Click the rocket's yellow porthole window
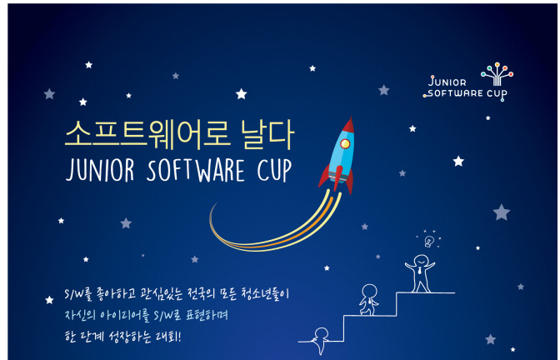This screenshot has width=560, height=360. point(345,143)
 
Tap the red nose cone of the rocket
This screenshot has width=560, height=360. point(348,126)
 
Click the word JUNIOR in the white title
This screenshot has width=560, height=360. point(100,170)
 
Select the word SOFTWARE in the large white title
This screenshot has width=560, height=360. point(196,170)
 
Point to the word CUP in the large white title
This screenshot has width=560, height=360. point(274,170)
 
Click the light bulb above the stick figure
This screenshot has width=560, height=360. point(429,242)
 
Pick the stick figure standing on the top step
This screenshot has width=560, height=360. point(420,273)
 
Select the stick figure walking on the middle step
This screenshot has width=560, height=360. point(369,300)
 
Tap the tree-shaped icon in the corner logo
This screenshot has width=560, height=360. point(497,74)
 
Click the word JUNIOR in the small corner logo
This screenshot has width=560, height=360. point(447,82)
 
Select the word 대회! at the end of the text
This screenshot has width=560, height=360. point(168,336)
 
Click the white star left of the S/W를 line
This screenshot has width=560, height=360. point(49,300)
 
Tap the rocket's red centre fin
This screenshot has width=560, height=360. point(337,177)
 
